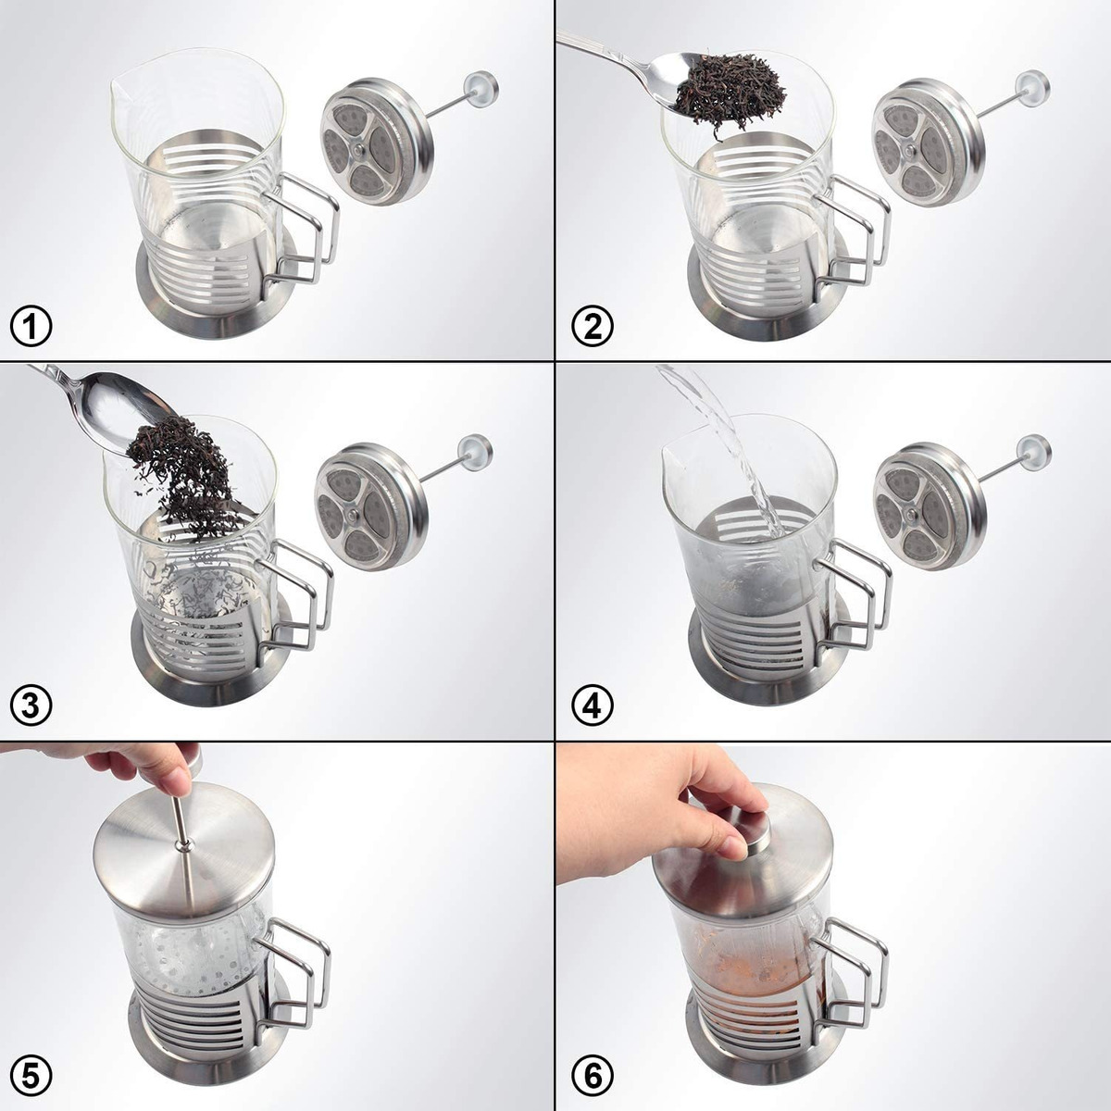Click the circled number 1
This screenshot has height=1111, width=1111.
(x=31, y=327)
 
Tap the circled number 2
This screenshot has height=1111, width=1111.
(x=593, y=327)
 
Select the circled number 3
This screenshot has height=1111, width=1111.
(x=31, y=705)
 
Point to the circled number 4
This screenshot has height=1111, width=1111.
(x=593, y=705)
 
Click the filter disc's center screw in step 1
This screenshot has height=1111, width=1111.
(x=358, y=151)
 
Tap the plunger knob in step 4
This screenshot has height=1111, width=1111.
(x=1034, y=452)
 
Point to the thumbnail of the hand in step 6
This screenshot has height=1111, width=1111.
(x=735, y=847)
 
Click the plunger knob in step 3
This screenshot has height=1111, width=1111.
(x=476, y=452)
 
